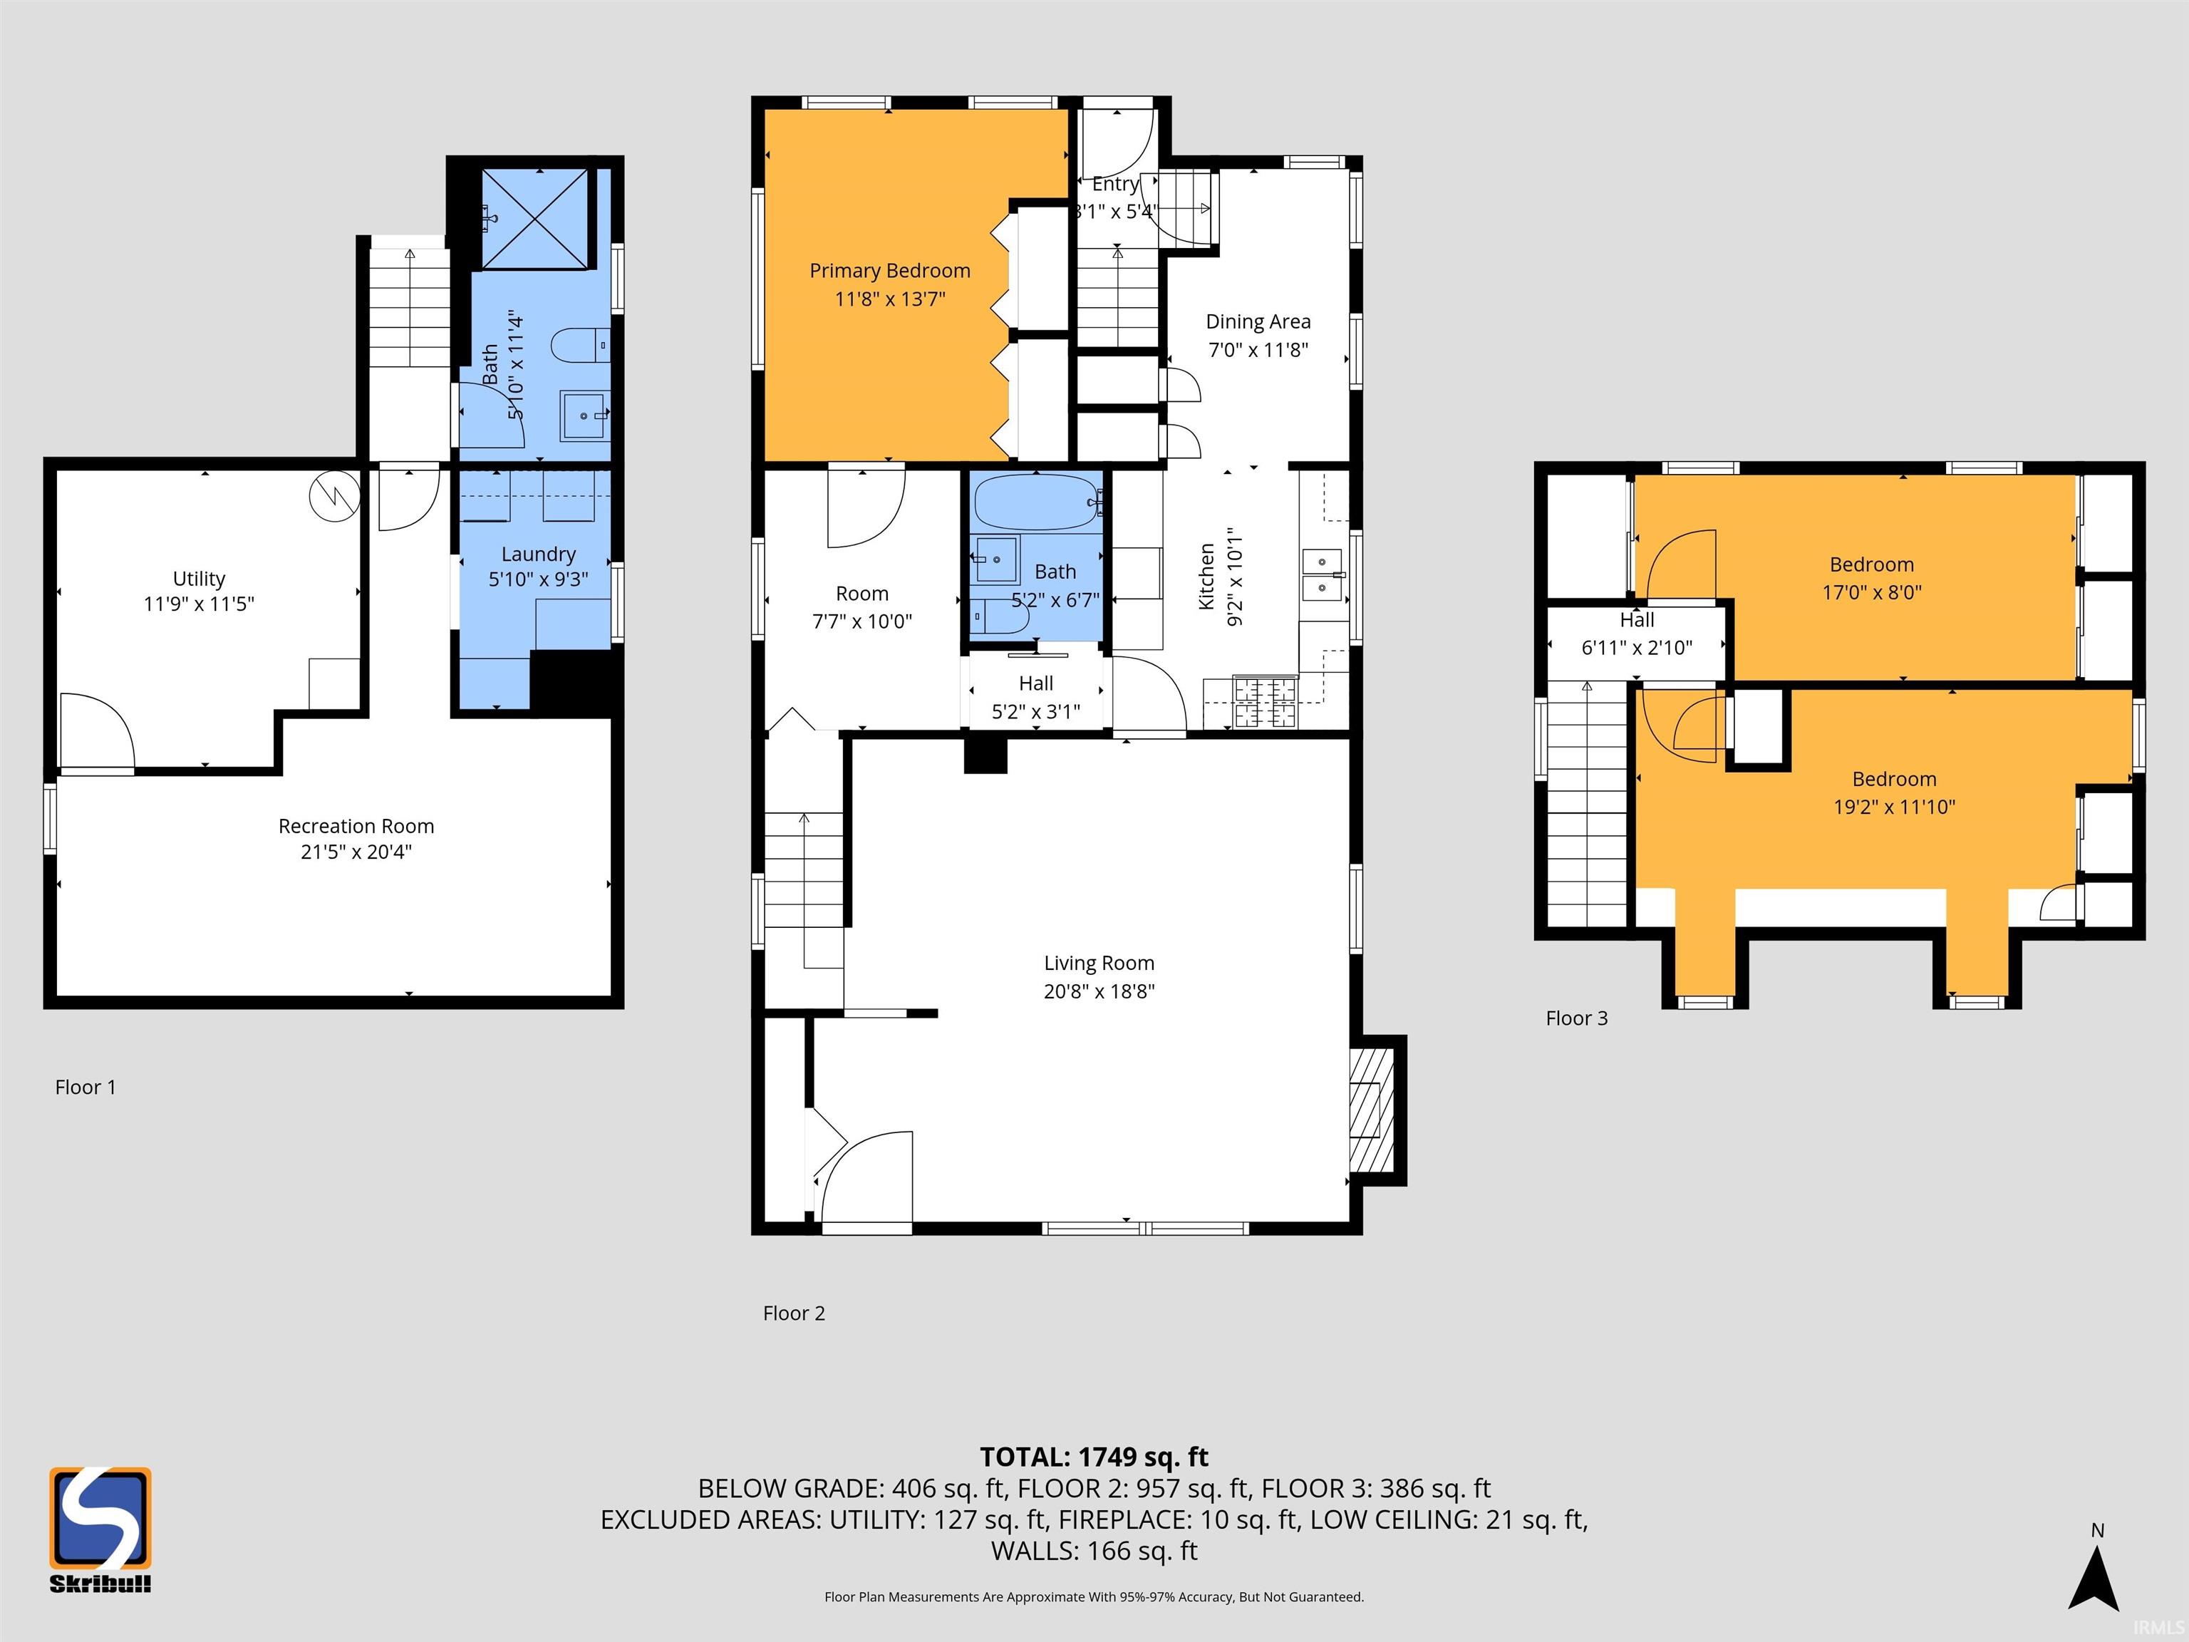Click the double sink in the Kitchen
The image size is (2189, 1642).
tap(1322, 575)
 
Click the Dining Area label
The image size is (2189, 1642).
tap(1257, 321)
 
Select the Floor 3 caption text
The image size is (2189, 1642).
tap(1575, 1018)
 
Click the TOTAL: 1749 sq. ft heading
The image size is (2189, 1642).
tap(1094, 1457)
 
